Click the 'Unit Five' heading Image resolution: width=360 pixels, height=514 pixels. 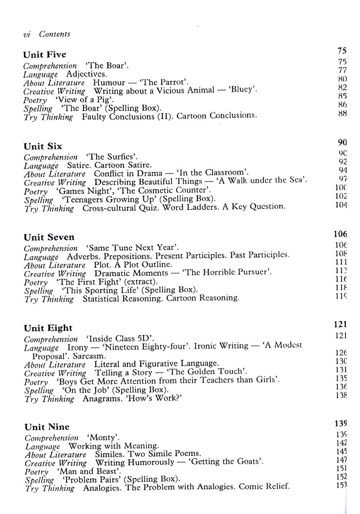pyautogui.click(x=45, y=55)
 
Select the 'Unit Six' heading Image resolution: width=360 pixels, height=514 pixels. pyautogui.click(x=43, y=146)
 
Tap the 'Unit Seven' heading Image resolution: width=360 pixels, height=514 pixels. pyautogui.click(x=49, y=237)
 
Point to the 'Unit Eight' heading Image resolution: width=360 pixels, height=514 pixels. pyautogui.click(x=48, y=328)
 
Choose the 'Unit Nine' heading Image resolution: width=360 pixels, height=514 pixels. pyautogui.click(x=47, y=427)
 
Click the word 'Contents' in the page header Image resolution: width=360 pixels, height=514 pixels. pyautogui.click(x=54, y=34)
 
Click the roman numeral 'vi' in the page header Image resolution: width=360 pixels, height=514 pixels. pyautogui.click(x=27, y=35)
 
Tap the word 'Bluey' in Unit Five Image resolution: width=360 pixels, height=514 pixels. pyautogui.click(x=242, y=90)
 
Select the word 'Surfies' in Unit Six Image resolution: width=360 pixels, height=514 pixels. pyautogui.click(x=121, y=157)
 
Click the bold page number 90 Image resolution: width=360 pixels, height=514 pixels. pyautogui.click(x=342, y=142)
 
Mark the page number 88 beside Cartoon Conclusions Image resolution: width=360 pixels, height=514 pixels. pyautogui.click(x=342, y=114)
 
